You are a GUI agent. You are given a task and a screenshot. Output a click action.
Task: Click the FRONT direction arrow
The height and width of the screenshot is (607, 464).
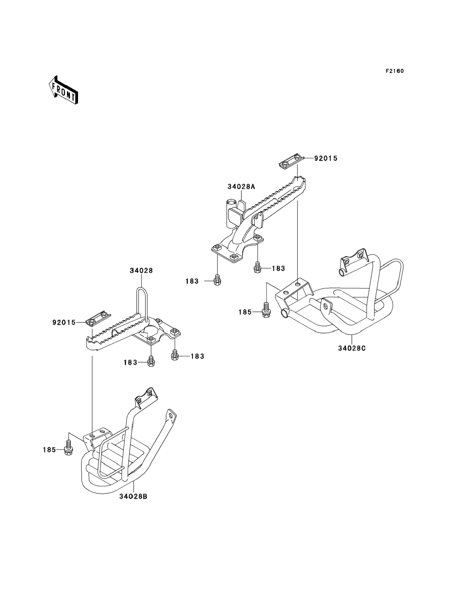(x=63, y=90)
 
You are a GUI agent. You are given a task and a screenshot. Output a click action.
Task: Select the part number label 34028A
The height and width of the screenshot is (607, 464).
(x=241, y=187)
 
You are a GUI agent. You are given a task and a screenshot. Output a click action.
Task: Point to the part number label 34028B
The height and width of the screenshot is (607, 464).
(x=133, y=504)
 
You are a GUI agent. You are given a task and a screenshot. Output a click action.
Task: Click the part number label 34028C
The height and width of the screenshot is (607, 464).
(x=352, y=348)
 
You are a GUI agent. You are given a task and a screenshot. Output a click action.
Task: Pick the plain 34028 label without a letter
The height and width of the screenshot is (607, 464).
(x=141, y=271)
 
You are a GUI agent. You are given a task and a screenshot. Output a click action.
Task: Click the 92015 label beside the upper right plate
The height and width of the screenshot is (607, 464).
(x=326, y=158)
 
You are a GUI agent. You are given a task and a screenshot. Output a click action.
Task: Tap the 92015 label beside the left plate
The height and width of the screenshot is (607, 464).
(x=64, y=322)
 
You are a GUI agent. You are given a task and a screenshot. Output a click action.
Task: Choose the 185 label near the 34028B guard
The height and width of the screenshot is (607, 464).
(x=49, y=450)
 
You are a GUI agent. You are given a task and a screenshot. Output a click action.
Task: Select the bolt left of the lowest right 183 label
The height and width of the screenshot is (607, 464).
(x=174, y=356)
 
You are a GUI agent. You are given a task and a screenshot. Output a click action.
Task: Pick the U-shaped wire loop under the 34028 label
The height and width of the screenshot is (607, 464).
(x=142, y=302)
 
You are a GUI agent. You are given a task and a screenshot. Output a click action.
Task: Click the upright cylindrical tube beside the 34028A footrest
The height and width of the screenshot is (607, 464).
(x=231, y=213)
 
